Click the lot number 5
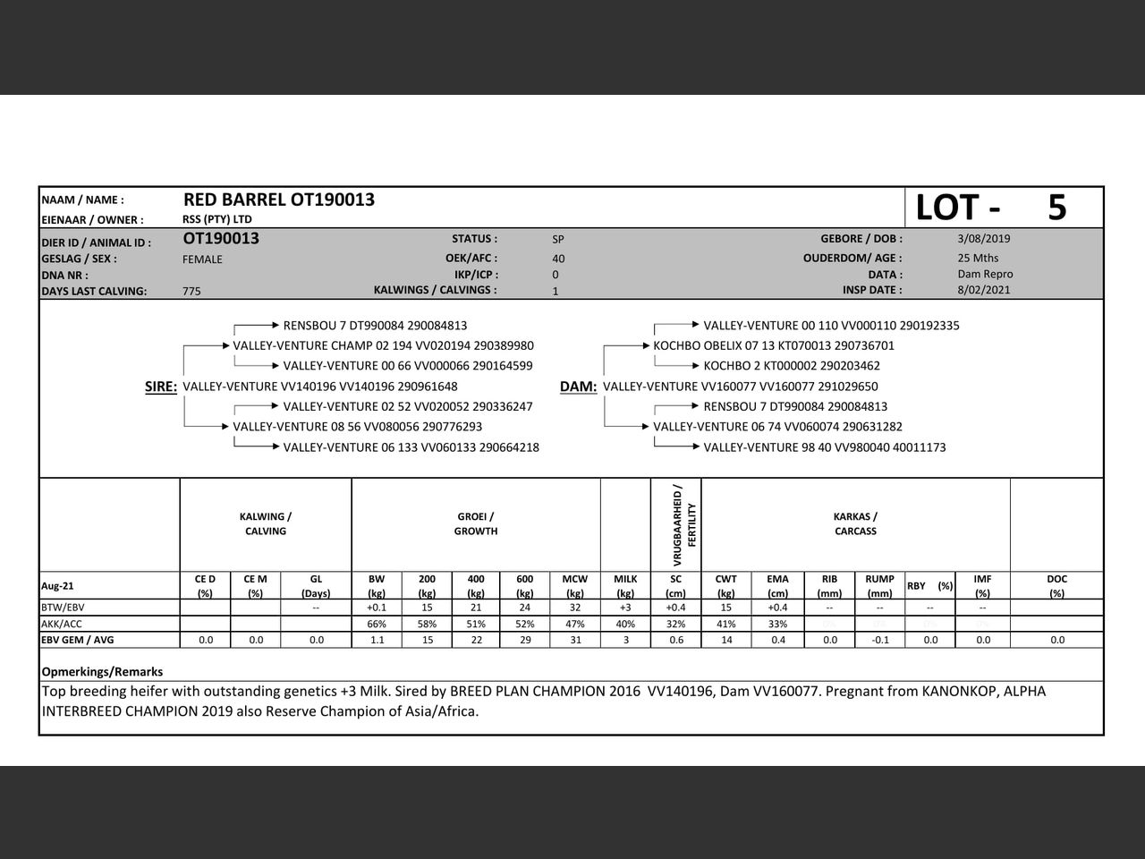pyautogui.click(x=1056, y=208)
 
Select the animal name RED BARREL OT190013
pyautogui.click(x=279, y=200)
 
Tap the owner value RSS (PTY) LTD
pyautogui.click(x=216, y=219)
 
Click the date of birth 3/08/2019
pyautogui.click(x=983, y=239)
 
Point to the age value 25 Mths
pyautogui.click(x=978, y=259)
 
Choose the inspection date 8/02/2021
pyautogui.click(x=983, y=290)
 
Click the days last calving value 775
pyautogui.click(x=191, y=291)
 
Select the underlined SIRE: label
pyautogui.click(x=161, y=387)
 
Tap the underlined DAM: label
pyautogui.click(x=578, y=387)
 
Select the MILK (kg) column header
pyautogui.click(x=625, y=585)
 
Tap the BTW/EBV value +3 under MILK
pyautogui.click(x=625, y=608)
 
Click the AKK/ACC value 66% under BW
pyautogui.click(x=377, y=624)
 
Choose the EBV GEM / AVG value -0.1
pyautogui.click(x=880, y=640)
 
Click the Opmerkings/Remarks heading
pyautogui.click(x=102, y=671)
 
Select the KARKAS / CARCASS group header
pyautogui.click(x=855, y=523)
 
